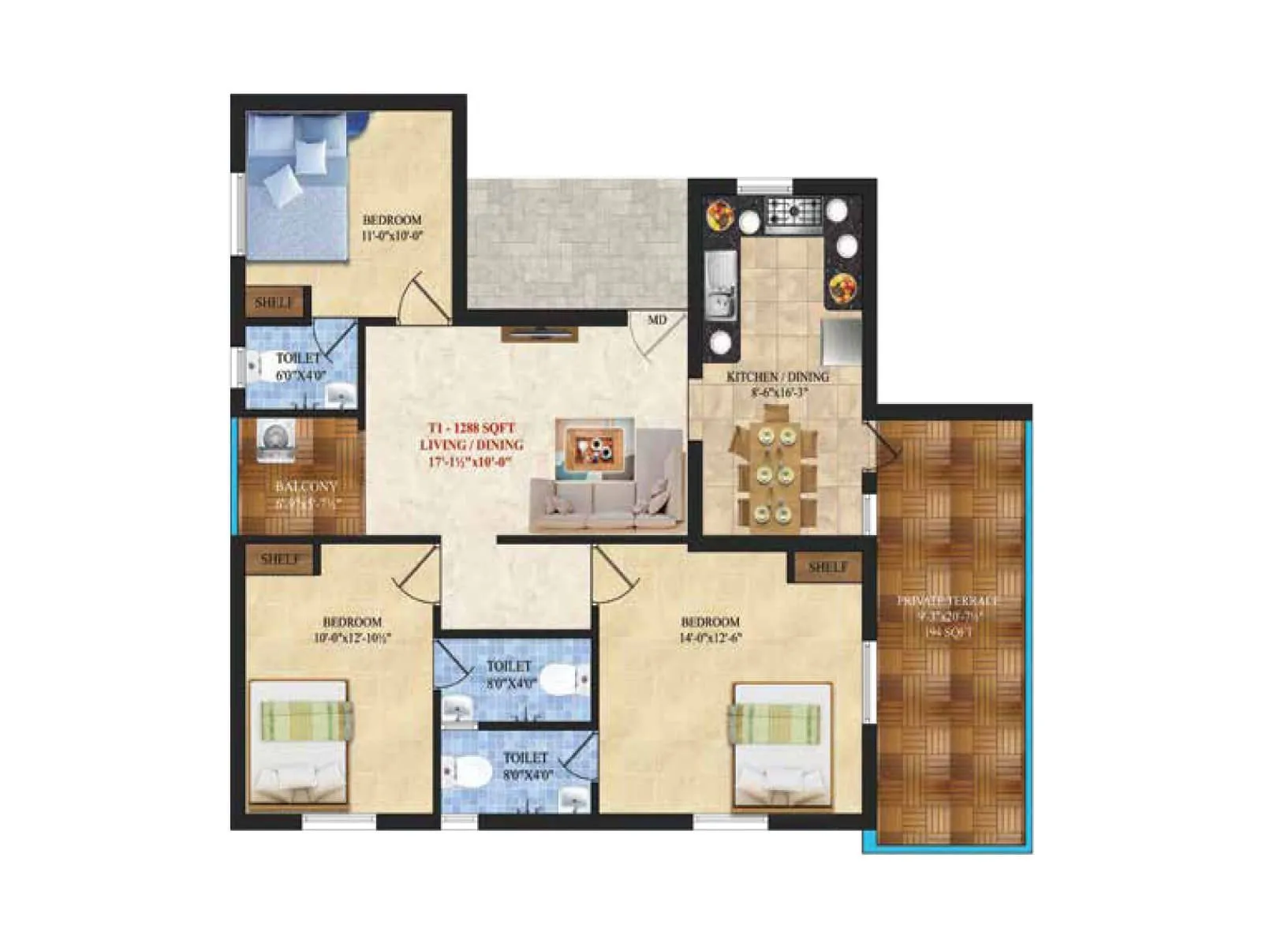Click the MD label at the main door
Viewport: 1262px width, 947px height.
pyautogui.click(x=657, y=320)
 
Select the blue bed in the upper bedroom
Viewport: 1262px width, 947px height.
pyautogui.click(x=297, y=185)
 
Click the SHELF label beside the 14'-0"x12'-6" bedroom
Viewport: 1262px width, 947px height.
pyautogui.click(x=828, y=567)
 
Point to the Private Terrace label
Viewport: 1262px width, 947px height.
pyautogui.click(x=947, y=601)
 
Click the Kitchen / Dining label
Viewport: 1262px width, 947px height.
pyautogui.click(x=777, y=377)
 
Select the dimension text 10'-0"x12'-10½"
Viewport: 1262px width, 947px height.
pyautogui.click(x=352, y=638)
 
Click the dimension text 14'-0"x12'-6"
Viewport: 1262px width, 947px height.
pyautogui.click(x=710, y=638)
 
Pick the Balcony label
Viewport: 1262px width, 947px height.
pyautogui.click(x=306, y=487)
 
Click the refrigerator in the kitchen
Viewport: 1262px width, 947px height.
pyautogui.click(x=842, y=340)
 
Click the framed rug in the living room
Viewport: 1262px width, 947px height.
pyautogui.click(x=595, y=449)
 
